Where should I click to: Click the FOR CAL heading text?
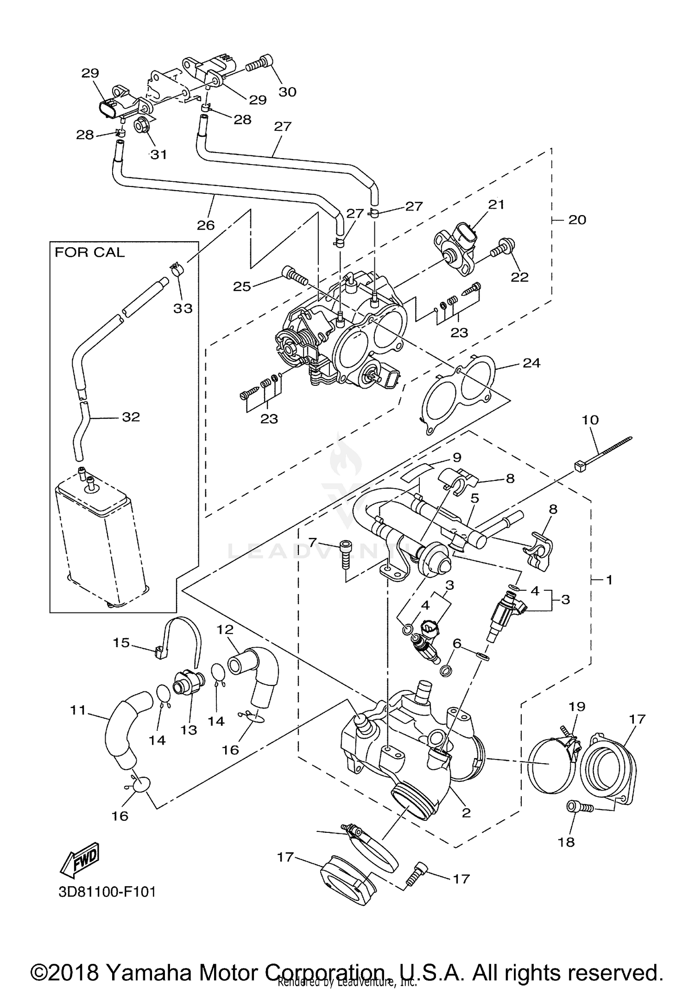90,253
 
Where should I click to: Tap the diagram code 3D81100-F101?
107,892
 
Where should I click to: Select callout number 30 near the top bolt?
287,92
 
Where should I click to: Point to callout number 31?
158,154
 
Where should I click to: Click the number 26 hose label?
206,225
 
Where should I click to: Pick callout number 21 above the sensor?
496,204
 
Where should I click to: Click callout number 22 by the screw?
519,277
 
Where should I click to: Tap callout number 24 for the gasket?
531,363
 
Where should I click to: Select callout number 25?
242,287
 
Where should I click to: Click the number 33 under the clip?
183,308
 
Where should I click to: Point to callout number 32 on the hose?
131,417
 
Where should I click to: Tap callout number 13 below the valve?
189,730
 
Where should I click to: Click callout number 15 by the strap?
121,643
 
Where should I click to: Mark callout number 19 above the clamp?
577,707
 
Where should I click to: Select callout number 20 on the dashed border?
577,219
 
